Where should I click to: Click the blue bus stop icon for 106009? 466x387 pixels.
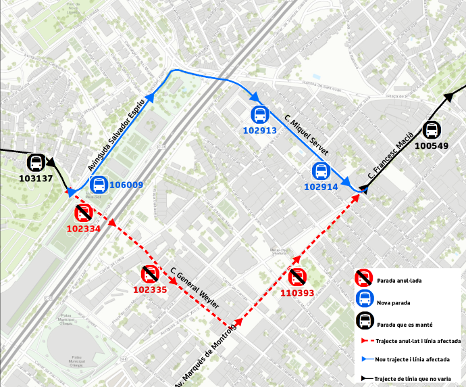pyautogui.click(x=99, y=184)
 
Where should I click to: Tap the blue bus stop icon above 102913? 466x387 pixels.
pyautogui.click(x=260, y=115)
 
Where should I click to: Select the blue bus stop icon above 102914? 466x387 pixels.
pyautogui.click(x=321, y=172)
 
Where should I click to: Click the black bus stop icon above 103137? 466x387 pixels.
pyautogui.click(x=36, y=163)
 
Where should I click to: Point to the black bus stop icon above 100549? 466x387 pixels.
pyautogui.click(x=432, y=129)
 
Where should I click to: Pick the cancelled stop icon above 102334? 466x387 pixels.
pyautogui.click(x=84, y=213)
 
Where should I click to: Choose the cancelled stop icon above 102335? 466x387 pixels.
pyautogui.click(x=149, y=275)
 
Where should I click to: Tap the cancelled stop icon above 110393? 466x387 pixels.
pyautogui.click(x=297, y=277)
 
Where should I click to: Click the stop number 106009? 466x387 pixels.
pyautogui.click(x=126, y=185)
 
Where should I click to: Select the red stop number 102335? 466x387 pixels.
pyautogui.click(x=150, y=290)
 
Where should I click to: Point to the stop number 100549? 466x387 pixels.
pyautogui.click(x=432, y=145)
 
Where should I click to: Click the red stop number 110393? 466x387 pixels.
pyautogui.click(x=297, y=293)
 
